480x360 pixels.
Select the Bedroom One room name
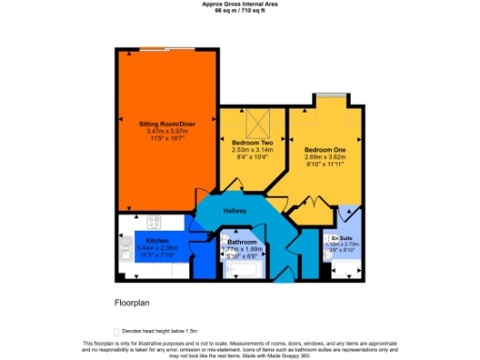click(x=324, y=149)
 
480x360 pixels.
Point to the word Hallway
click(x=234, y=210)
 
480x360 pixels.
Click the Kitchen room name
click(x=156, y=240)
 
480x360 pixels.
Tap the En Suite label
click(x=340, y=238)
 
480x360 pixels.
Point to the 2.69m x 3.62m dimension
click(x=324, y=157)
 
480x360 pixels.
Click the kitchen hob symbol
click(x=153, y=223)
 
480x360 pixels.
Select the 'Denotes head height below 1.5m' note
click(x=156, y=331)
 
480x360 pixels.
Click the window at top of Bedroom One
click(x=327, y=96)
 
